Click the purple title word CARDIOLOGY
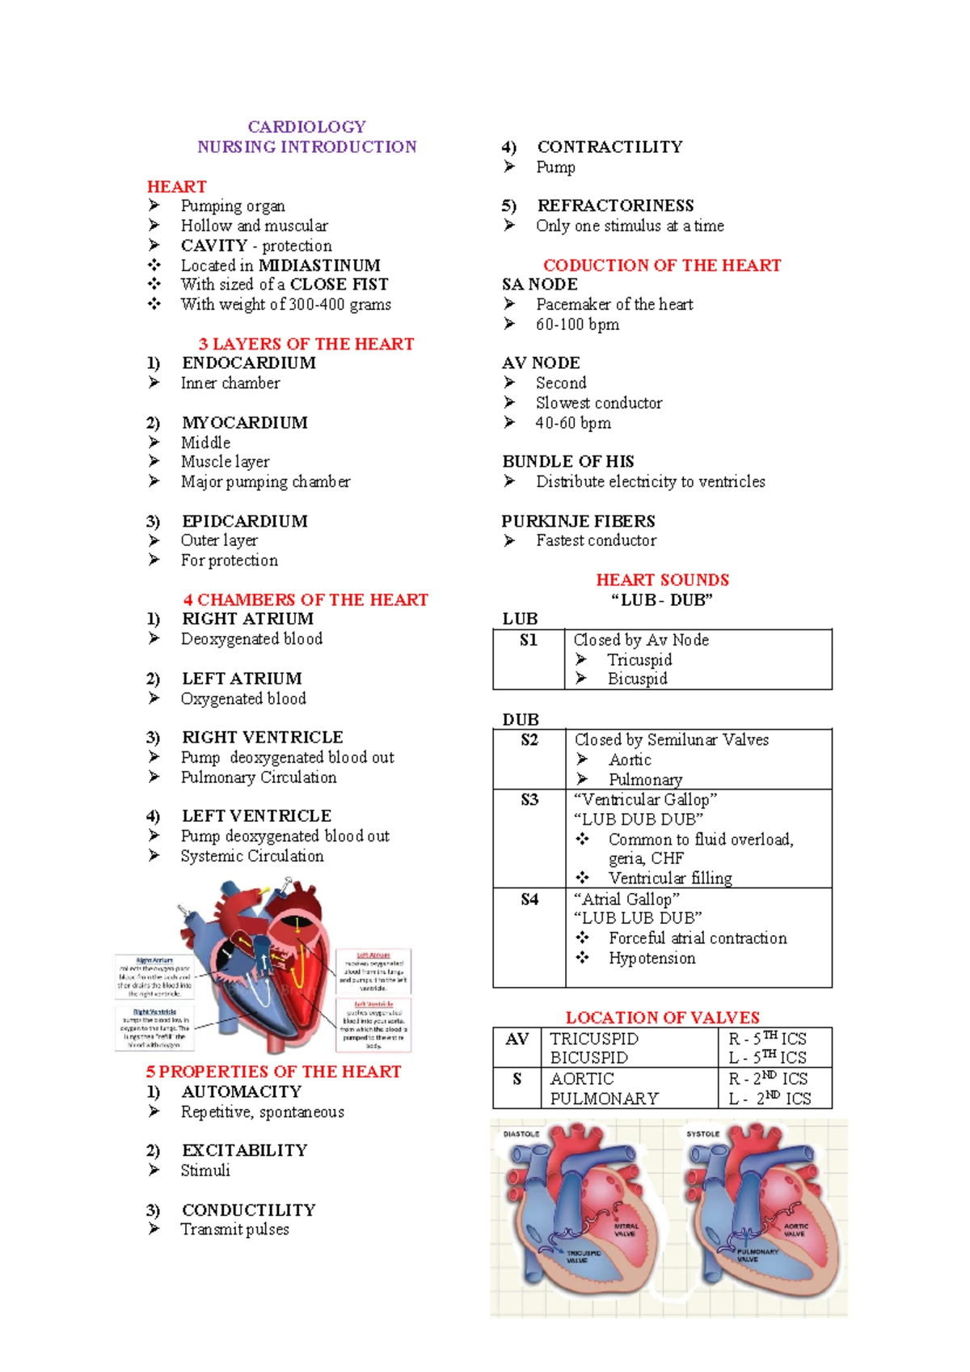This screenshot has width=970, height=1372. [306, 127]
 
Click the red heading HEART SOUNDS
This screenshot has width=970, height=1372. [662, 580]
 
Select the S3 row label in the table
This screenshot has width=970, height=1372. [529, 800]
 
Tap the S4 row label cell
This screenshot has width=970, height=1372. [529, 900]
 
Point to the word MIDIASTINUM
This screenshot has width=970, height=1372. [319, 265]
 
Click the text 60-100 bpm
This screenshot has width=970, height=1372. [577, 324]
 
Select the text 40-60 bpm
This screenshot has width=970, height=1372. [573, 423]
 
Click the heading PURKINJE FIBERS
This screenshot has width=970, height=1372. [578, 521]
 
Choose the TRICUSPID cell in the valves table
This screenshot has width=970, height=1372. [594, 1039]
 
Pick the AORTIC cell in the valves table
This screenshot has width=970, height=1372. [582, 1079]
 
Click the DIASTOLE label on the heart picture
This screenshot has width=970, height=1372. [521, 1134]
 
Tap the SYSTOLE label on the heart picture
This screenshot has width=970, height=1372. [702, 1134]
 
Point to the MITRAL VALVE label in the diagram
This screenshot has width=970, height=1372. [626, 1230]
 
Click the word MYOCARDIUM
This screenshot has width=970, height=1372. [244, 423]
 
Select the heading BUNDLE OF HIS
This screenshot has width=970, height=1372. [567, 462]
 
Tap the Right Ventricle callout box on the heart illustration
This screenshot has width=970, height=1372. [155, 1027]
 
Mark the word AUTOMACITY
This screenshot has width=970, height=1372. [241, 1092]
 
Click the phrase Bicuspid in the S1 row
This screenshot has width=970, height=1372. [637, 679]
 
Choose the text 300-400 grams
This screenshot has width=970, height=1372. [339, 305]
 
